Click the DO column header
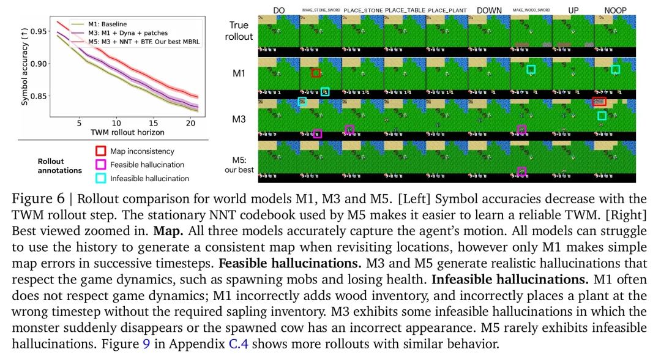[278, 11]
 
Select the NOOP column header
[614, 11]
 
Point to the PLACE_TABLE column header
[404, 11]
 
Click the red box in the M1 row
[316, 73]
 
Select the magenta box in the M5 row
[521, 171]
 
